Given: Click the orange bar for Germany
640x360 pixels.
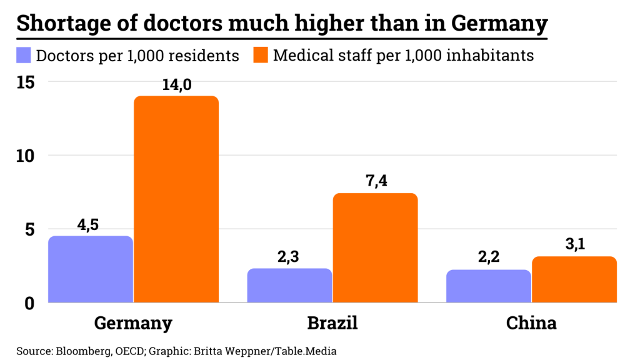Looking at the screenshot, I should pyautogui.click(x=176, y=199).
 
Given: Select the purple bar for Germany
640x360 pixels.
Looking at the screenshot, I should pyautogui.click(x=91, y=269).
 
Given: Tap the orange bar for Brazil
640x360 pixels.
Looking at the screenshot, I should pyautogui.click(x=375, y=248).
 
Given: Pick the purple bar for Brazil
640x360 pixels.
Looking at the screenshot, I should pyautogui.click(x=289, y=286).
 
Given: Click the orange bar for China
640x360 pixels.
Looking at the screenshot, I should pyautogui.click(x=574, y=279).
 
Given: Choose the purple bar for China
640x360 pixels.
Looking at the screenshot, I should pyautogui.click(x=489, y=286).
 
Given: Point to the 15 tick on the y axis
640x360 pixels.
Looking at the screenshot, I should pyautogui.click(x=26, y=82).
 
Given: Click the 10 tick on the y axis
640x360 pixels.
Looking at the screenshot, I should pyautogui.click(x=26, y=156).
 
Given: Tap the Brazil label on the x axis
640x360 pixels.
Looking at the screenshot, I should pyautogui.click(x=332, y=323).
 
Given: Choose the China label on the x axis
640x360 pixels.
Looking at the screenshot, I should pyautogui.click(x=531, y=323).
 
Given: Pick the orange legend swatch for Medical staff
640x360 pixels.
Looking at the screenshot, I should pyautogui.click(x=261, y=55).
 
